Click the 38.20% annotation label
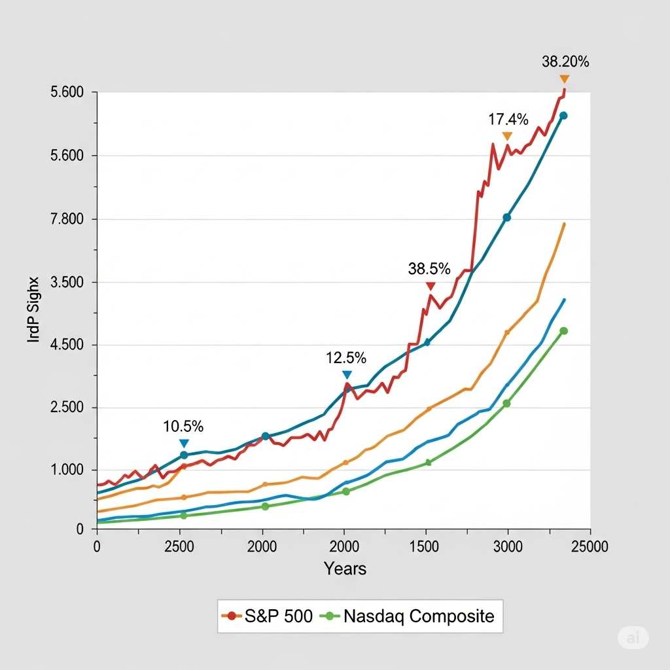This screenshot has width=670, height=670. (x=565, y=62)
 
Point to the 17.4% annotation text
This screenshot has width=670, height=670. (x=508, y=119)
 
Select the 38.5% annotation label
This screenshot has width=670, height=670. (x=429, y=268)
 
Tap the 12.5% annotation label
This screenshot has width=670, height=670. (x=346, y=358)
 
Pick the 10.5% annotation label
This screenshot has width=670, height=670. (x=183, y=427)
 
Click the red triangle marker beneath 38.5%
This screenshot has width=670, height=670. (x=431, y=287)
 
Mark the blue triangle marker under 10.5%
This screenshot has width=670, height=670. (x=184, y=444)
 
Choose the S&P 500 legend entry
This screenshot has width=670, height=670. (x=268, y=616)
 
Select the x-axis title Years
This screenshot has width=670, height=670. (x=345, y=569)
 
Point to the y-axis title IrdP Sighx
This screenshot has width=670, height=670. (x=33, y=311)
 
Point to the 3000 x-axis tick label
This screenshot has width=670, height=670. (x=507, y=547)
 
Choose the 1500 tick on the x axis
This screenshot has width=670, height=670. (x=426, y=547)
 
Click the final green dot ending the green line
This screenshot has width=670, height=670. (x=563, y=331)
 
